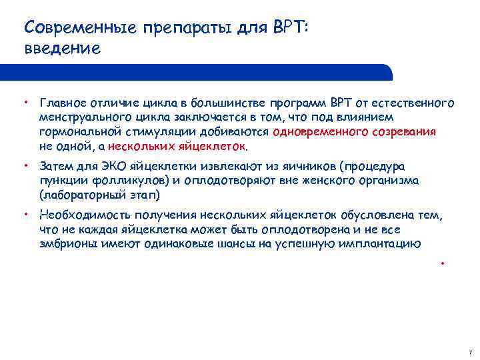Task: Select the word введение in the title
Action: tap(61, 49)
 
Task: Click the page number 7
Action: tap(470, 351)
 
